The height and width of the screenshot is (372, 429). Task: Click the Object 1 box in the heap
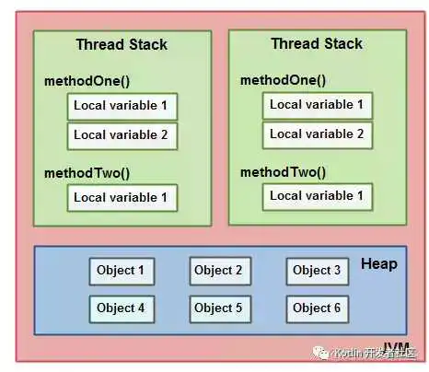(122, 271)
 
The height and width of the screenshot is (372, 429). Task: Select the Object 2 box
(219, 271)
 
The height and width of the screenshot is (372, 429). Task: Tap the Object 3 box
(317, 271)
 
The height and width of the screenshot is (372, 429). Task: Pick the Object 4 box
(122, 308)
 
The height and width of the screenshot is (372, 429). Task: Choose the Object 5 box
(219, 308)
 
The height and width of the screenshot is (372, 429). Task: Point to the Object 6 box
(317, 308)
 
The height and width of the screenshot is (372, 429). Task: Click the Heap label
(379, 264)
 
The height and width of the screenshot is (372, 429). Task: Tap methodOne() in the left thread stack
(87, 81)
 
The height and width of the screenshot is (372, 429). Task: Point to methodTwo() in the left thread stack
(87, 172)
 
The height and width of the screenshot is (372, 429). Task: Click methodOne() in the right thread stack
(283, 80)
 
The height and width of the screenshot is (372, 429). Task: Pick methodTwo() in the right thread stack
(283, 171)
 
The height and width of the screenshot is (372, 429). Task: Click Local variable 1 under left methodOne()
(121, 106)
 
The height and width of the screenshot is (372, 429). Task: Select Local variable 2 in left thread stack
(121, 135)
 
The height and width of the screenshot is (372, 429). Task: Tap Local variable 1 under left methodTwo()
(121, 197)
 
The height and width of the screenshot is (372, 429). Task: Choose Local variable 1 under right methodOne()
(316, 105)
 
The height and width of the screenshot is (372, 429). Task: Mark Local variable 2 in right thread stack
(316, 134)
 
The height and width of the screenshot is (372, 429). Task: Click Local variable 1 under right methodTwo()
(316, 196)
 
